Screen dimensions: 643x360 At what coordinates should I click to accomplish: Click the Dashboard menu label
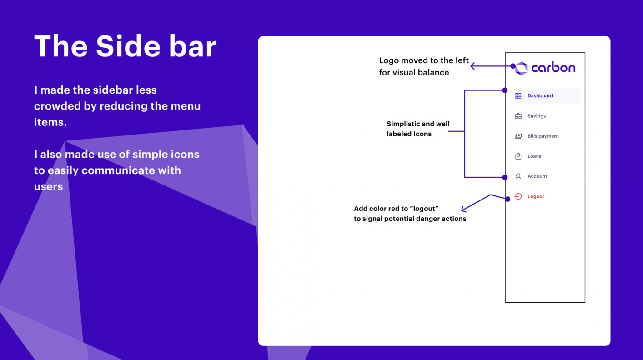pos(540,96)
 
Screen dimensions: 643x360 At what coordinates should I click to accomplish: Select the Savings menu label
pos(537,116)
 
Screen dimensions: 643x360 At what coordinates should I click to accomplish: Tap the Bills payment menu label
pos(543,136)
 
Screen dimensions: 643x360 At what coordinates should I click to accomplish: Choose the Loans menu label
pos(534,156)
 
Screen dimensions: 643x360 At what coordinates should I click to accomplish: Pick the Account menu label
pos(538,176)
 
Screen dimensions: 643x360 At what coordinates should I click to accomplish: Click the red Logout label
pos(536,196)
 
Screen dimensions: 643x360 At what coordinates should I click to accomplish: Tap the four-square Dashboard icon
pos(518,96)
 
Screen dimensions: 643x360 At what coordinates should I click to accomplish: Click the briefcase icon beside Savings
pos(518,116)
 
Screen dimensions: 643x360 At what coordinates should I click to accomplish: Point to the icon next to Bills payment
pos(518,136)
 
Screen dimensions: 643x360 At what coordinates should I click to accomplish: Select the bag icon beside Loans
pos(518,156)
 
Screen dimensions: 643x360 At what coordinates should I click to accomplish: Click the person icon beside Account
pos(518,176)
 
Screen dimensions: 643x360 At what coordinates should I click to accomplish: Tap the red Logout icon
pos(518,196)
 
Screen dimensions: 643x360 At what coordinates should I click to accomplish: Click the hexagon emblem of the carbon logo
pos(522,68)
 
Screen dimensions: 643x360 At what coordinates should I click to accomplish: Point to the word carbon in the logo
pos(553,67)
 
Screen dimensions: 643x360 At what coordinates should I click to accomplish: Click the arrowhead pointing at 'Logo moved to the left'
pos(472,66)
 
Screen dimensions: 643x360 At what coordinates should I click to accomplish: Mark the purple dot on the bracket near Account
pos(505,177)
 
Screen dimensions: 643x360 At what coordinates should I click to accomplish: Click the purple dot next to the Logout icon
pos(507,199)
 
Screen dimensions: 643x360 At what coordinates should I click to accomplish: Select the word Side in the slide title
pos(128,46)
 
